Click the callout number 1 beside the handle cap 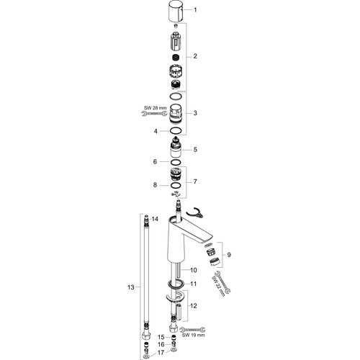coord(195,10)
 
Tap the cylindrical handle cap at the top coord(176,11)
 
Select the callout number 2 coord(195,56)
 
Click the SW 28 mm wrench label coord(156,108)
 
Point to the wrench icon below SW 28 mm coord(154,114)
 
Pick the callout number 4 coord(156,131)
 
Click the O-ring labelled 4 coord(176,131)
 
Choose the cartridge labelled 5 coord(176,148)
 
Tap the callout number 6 coord(155,162)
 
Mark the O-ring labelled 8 coord(176,185)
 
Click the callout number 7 coord(195,181)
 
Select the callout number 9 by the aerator coord(229,255)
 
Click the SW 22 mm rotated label coord(219,286)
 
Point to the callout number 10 coord(194,270)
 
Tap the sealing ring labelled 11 coord(176,284)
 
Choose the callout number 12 coord(194,306)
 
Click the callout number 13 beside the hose coord(131,287)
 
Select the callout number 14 coord(155,219)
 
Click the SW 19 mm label coord(194,335)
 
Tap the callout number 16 coord(161,344)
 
